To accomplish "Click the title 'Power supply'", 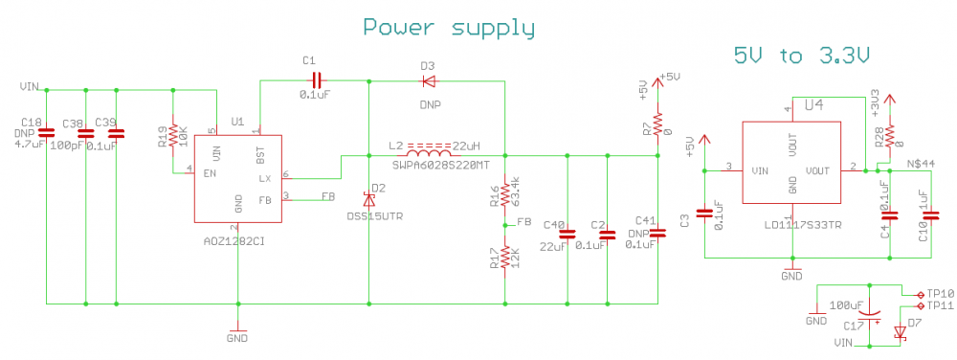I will pyautogui.click(x=449, y=28).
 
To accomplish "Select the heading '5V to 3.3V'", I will pyautogui.click(x=802, y=56).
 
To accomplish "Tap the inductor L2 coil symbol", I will pyautogui.click(x=429, y=153).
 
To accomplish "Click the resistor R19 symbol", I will pyautogui.click(x=173, y=132).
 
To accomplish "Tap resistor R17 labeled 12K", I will pyautogui.click(x=504, y=259).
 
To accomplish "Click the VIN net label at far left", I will pyautogui.click(x=29, y=87).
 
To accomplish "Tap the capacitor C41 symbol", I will pyautogui.click(x=657, y=233).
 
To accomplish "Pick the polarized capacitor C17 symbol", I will pyautogui.click(x=869, y=311).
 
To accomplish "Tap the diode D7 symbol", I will pyautogui.click(x=900, y=332).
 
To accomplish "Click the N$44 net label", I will pyautogui.click(x=921, y=164).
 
